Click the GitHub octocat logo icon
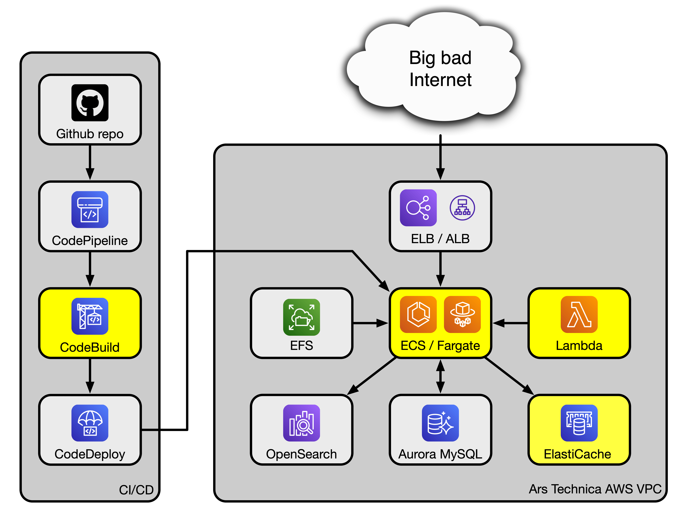pyautogui.click(x=90, y=103)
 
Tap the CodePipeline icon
pyautogui.click(x=90, y=209)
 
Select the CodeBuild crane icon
pyautogui.click(x=90, y=316)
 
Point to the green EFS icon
pyautogui.click(x=301, y=317)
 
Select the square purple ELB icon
pyautogui.click(x=418, y=208)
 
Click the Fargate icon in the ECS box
pyautogui.click(x=462, y=314)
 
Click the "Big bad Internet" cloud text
pyautogui.click(x=440, y=68)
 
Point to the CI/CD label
pyautogui.click(x=136, y=490)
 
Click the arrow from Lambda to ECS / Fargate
pyautogui.click(x=510, y=323)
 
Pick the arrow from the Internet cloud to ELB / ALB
pyautogui.click(x=440, y=157)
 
